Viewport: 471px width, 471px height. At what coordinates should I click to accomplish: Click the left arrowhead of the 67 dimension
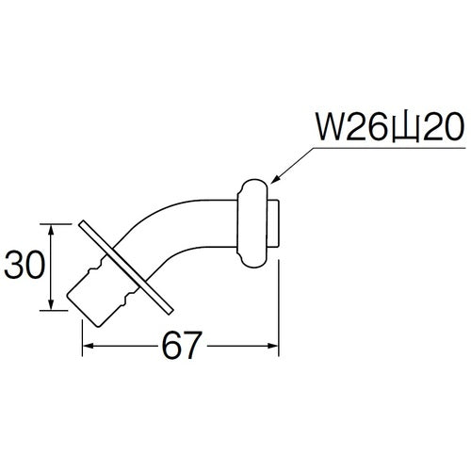click(x=88, y=348)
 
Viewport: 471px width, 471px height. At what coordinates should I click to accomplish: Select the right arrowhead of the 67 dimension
click(x=277, y=348)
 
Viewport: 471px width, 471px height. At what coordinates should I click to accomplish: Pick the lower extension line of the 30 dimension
click(x=60, y=311)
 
